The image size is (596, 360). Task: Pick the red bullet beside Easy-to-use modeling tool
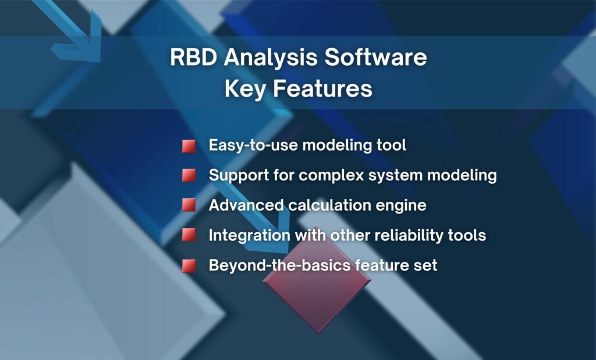(x=188, y=146)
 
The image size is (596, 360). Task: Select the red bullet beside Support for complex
(x=188, y=175)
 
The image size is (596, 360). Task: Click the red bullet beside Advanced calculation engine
(x=188, y=205)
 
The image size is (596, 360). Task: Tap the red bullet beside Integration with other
(x=188, y=235)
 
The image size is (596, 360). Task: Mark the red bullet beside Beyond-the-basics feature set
(x=188, y=266)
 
